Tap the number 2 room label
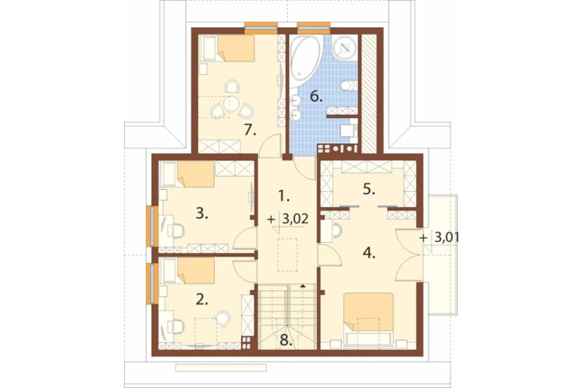pos(202,299)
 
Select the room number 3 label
pos(202,213)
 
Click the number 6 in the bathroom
pos(316,97)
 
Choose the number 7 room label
pos(250,130)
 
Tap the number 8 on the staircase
pos(286,340)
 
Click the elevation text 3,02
pos(295,219)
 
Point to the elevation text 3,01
pos(447,238)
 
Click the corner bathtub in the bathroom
pos(305,62)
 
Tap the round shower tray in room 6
pos(345,48)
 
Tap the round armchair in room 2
pos(222,319)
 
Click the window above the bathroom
pos(314,27)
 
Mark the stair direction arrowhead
pos(303,286)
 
